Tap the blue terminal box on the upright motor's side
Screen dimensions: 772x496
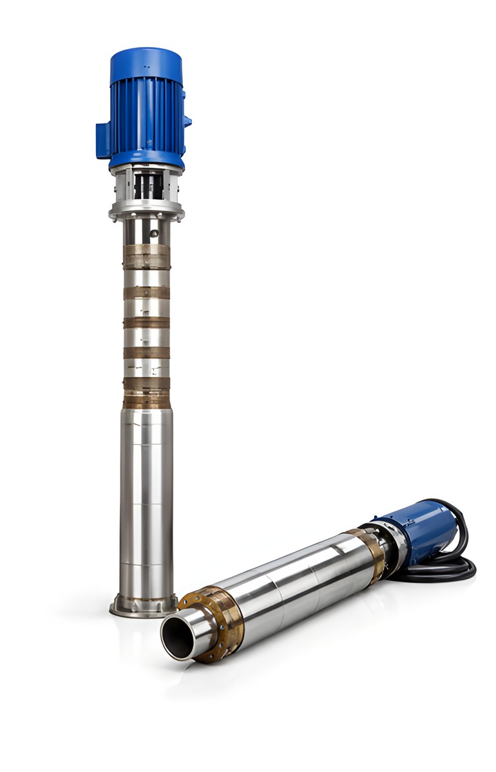point(103,140)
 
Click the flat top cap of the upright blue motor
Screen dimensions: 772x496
point(146,56)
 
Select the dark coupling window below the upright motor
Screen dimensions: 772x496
point(148,186)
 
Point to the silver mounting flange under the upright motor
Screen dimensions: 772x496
point(147,210)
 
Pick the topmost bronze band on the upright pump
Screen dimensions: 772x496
point(147,256)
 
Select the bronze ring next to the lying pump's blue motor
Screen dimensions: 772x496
point(368,553)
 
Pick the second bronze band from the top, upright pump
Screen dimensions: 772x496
point(147,293)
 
